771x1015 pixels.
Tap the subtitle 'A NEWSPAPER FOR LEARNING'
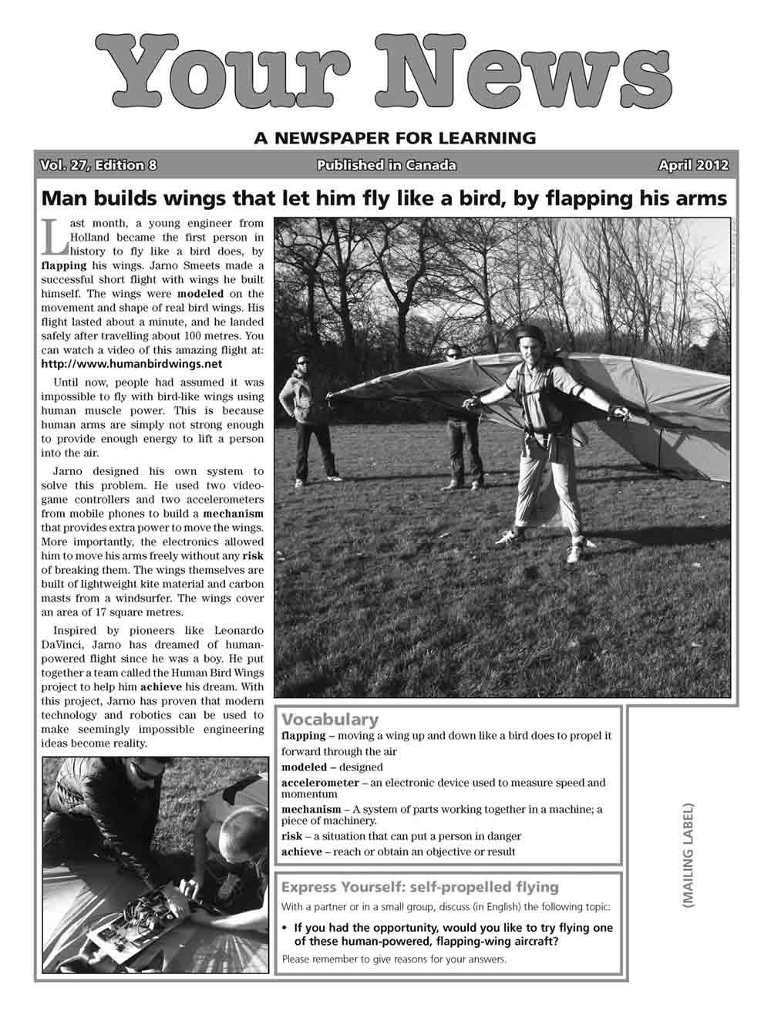click(394, 139)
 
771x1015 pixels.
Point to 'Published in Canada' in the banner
click(385, 165)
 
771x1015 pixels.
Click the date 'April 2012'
click(692, 165)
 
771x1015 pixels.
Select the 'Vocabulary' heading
click(330, 720)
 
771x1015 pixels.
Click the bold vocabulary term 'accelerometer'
click(320, 783)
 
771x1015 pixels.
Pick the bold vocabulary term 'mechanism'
click(311, 810)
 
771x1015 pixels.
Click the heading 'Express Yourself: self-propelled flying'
click(420, 887)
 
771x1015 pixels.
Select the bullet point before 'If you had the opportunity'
click(285, 928)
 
